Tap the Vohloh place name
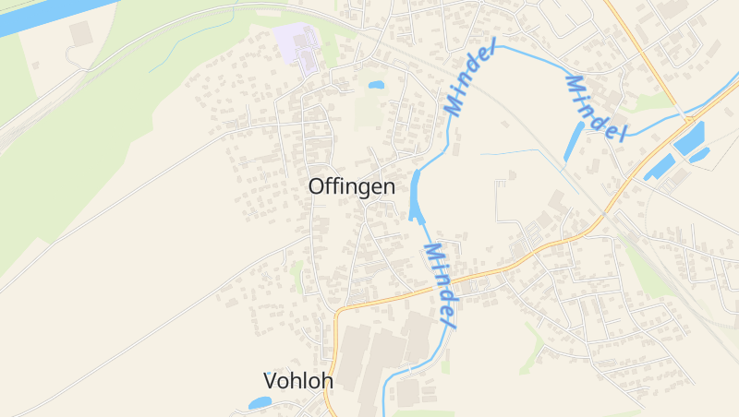(x=297, y=380)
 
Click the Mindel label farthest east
(x=595, y=109)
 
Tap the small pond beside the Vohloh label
(x=260, y=403)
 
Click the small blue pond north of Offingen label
(x=376, y=85)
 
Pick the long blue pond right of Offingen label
(x=416, y=196)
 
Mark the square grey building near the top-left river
(x=80, y=34)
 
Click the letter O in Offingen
(x=317, y=186)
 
